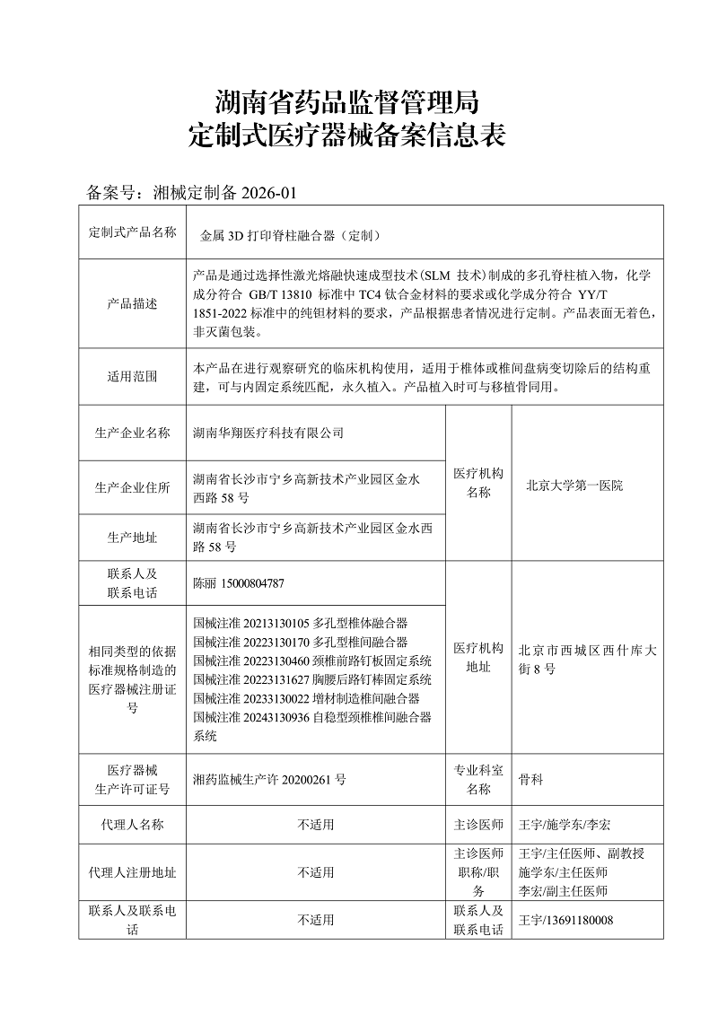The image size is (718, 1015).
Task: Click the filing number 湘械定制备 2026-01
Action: [224, 192]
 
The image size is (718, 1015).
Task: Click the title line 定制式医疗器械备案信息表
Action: [348, 136]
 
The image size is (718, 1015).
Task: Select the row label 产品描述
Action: [132, 304]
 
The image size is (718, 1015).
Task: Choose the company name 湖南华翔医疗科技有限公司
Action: [268, 433]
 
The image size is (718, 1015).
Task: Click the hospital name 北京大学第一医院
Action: [574, 485]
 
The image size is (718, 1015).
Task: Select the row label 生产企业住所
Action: [132, 487]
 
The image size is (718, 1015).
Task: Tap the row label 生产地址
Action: [132, 538]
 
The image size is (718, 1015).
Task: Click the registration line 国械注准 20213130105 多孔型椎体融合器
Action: [301, 622]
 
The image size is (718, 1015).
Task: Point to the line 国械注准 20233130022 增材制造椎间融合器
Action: [306, 698]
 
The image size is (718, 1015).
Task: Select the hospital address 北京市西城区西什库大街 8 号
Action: [587, 660]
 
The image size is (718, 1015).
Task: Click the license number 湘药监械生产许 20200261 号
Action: [269, 780]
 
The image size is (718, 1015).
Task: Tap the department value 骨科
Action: [531, 780]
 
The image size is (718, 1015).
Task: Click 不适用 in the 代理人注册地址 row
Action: [316, 872]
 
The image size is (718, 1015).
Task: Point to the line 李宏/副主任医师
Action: [563, 891]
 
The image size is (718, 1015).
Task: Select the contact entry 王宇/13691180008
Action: [566, 920]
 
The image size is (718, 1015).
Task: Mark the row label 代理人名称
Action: [132, 824]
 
